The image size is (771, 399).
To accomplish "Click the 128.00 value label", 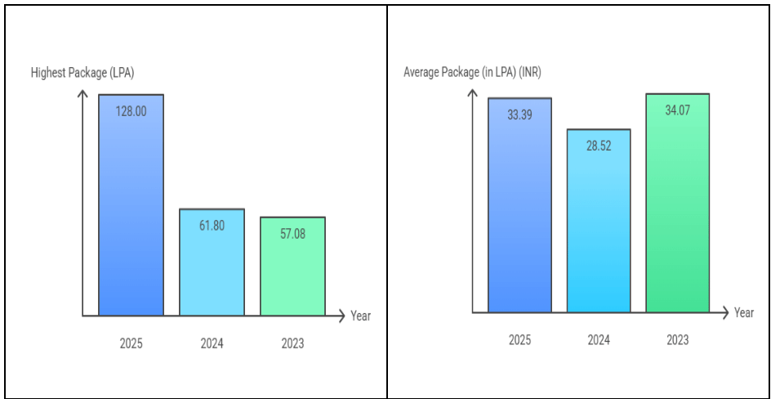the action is click(131, 112).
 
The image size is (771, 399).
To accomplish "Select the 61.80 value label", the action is click(212, 226).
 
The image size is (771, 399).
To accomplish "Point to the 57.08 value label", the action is click(292, 234).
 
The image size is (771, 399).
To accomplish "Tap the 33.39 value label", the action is click(519, 114).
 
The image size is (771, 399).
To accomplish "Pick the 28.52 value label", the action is click(599, 146).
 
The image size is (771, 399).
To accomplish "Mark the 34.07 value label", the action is click(678, 110).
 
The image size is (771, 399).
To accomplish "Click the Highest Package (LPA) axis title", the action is click(82, 74).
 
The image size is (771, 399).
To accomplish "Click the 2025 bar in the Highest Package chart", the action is click(131, 204).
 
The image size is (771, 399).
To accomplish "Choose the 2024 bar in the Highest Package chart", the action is click(212, 262).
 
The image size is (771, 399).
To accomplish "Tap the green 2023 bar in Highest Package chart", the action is click(292, 267).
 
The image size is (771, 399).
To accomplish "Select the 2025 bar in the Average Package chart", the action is click(519, 205).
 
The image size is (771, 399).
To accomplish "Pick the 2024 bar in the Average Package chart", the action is click(599, 221).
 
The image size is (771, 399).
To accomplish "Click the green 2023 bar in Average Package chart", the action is click(678, 204).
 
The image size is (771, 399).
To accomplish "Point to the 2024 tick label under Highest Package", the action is click(212, 343).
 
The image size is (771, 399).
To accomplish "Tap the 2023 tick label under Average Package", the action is click(678, 340).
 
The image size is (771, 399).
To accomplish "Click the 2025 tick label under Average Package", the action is click(519, 340).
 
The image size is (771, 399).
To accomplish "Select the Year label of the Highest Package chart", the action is click(360, 316).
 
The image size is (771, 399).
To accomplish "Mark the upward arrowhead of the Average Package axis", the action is click(473, 93).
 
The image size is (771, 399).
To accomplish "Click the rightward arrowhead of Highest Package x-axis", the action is click(342, 316).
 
